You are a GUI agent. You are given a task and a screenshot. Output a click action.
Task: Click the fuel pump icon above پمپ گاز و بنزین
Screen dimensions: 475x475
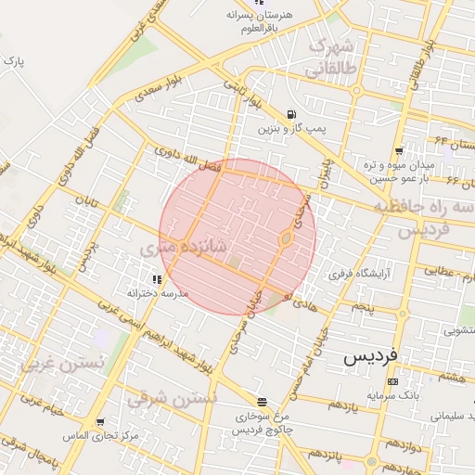point(292,115)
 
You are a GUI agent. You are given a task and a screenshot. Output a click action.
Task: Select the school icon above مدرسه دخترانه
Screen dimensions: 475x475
point(156,278)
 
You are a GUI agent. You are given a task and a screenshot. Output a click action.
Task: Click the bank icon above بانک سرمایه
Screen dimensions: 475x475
point(392,381)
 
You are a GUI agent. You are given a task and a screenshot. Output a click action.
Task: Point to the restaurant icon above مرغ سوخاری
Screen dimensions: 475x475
point(263,403)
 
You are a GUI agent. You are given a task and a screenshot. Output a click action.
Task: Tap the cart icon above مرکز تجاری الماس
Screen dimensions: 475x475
point(87,422)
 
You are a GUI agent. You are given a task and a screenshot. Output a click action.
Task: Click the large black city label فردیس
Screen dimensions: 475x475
point(369,355)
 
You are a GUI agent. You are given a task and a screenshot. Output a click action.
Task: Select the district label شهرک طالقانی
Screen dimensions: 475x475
point(330,57)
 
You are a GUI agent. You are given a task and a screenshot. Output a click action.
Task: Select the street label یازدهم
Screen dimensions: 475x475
point(342,406)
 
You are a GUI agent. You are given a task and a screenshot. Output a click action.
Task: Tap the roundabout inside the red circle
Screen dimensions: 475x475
point(286,239)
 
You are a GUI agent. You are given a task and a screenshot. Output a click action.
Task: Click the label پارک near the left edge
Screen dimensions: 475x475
point(13,60)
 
